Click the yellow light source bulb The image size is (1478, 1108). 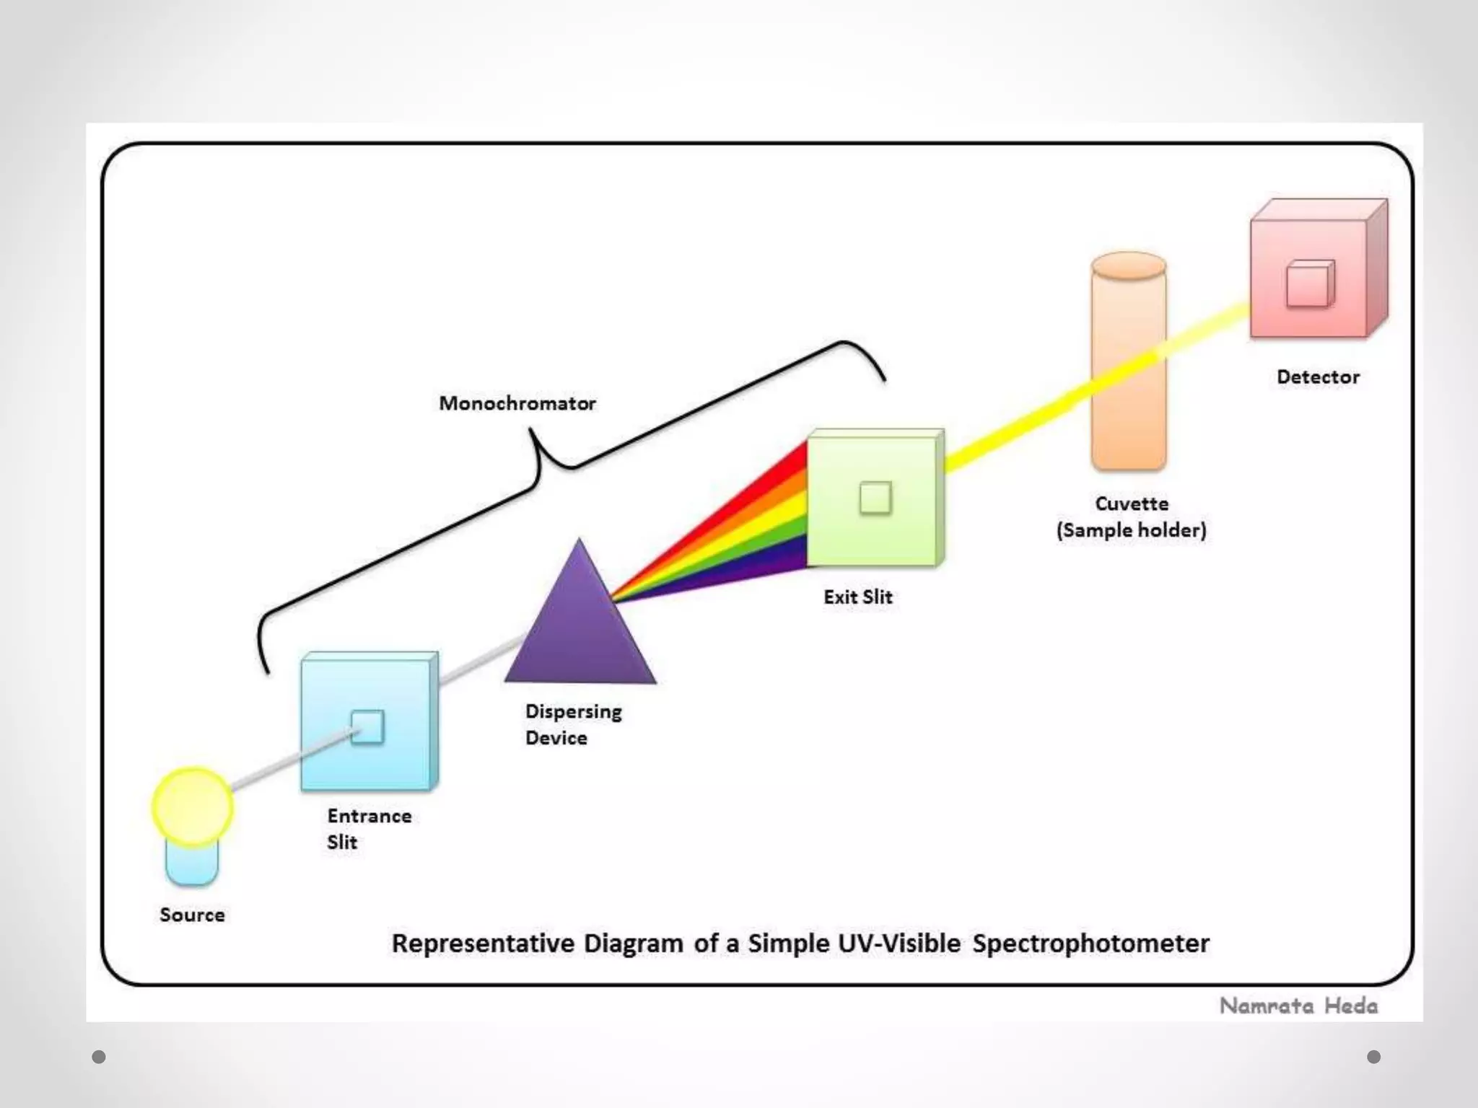(192, 806)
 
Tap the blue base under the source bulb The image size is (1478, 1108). (191, 866)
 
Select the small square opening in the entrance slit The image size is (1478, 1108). (367, 726)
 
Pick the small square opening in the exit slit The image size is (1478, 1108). (875, 498)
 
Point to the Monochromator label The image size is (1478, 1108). (517, 403)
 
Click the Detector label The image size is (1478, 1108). (1318, 377)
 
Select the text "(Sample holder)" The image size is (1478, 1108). (1131, 530)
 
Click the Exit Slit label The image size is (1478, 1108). (858, 597)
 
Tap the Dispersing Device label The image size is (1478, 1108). (573, 724)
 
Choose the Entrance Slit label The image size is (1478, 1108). (369, 828)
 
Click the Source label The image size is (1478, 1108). (192, 915)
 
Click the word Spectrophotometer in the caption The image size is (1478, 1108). (1090, 944)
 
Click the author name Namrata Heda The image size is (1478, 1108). (1298, 1006)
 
